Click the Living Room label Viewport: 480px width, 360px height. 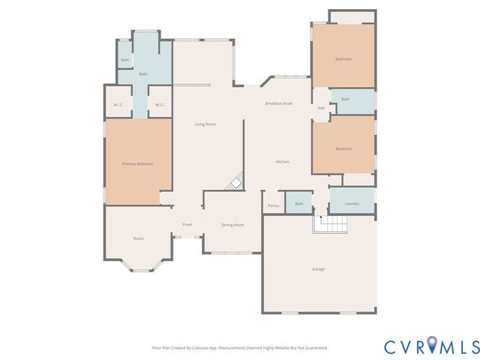205,124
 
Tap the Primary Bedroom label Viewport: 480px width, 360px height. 137,163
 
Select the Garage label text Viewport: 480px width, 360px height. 319,268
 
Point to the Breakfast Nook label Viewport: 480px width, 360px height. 278,103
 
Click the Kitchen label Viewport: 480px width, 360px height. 282,162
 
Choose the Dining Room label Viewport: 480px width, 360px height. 232,225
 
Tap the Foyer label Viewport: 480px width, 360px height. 187,224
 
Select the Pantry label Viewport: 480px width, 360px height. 273,205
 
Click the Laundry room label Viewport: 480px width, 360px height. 352,204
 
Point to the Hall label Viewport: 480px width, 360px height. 321,108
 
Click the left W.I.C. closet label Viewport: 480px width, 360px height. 118,105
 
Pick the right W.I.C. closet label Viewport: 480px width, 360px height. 160,105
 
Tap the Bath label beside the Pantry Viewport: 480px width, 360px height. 298,203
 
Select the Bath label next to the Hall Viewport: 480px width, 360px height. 345,99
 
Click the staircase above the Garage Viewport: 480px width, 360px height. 332,223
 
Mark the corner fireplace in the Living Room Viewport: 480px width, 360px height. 237,181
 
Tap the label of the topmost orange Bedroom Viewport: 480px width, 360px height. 343,58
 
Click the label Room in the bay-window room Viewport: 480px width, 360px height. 138,238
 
